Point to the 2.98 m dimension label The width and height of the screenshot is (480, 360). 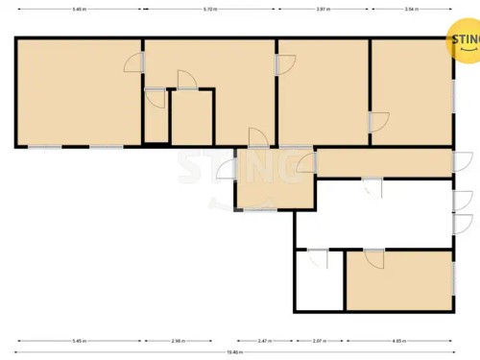point(179,341)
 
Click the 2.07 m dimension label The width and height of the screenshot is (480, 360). point(319,341)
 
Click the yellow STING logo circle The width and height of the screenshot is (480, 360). point(465,40)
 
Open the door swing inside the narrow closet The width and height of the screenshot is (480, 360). point(155,97)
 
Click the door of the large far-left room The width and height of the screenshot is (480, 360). point(135,62)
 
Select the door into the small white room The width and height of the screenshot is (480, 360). point(318,257)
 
